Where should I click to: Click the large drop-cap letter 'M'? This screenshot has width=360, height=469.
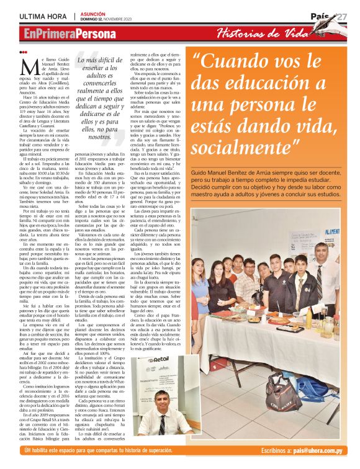click(27, 64)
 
